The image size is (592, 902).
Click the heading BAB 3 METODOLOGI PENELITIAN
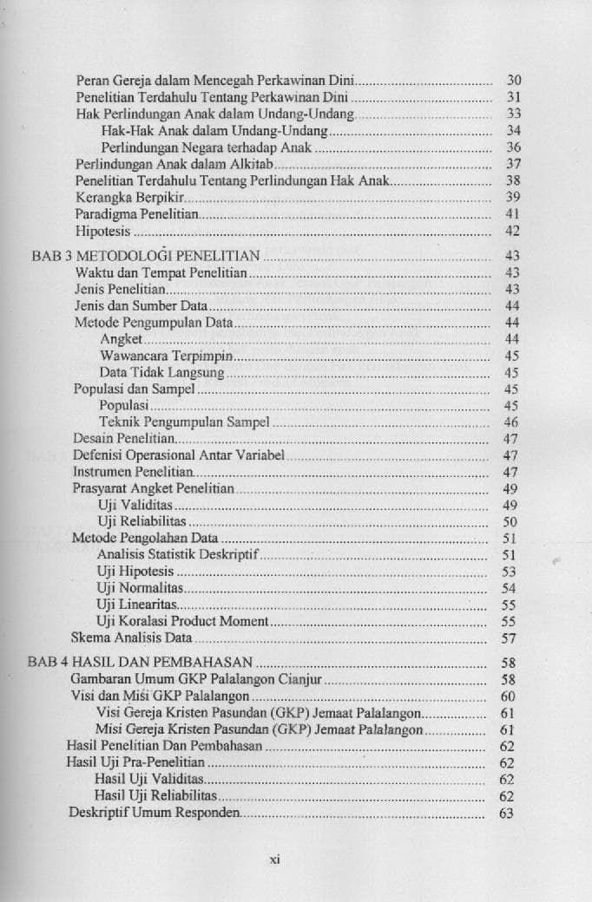coord(146,256)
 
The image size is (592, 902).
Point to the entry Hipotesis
coord(102,231)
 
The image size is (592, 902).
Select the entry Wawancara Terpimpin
coord(167,356)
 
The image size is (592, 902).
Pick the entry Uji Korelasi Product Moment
coord(184,621)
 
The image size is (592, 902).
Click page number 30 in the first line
coord(513,81)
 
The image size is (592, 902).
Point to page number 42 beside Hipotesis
coord(512,231)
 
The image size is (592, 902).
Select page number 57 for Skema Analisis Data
coord(510,638)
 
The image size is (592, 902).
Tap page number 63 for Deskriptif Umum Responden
coord(507,814)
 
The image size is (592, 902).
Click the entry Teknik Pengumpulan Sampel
coord(184,422)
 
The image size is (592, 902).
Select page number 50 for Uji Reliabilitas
coord(510,522)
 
